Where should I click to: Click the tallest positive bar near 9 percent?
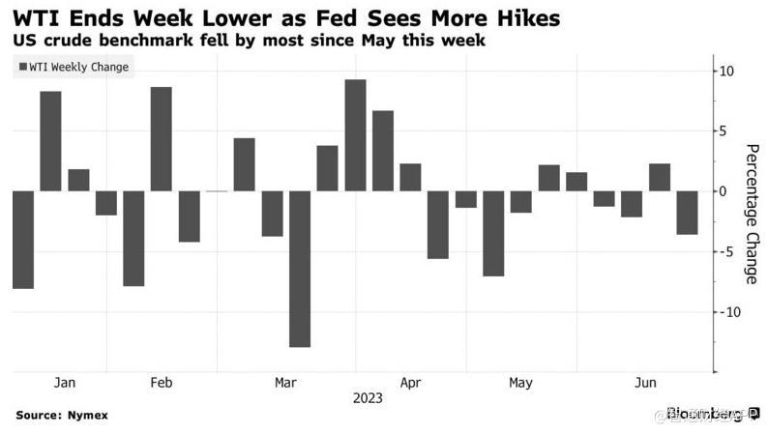point(355,134)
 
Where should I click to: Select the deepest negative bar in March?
point(300,268)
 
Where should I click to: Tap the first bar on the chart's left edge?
point(22,239)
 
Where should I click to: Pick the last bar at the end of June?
point(687,213)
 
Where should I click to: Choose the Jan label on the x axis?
point(65,384)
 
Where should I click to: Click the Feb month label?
point(162,384)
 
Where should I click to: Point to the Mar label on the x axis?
point(285,384)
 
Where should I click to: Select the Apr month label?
point(410,384)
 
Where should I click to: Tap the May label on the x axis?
point(520,384)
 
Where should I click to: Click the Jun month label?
point(645,384)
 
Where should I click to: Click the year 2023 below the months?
point(368,398)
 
